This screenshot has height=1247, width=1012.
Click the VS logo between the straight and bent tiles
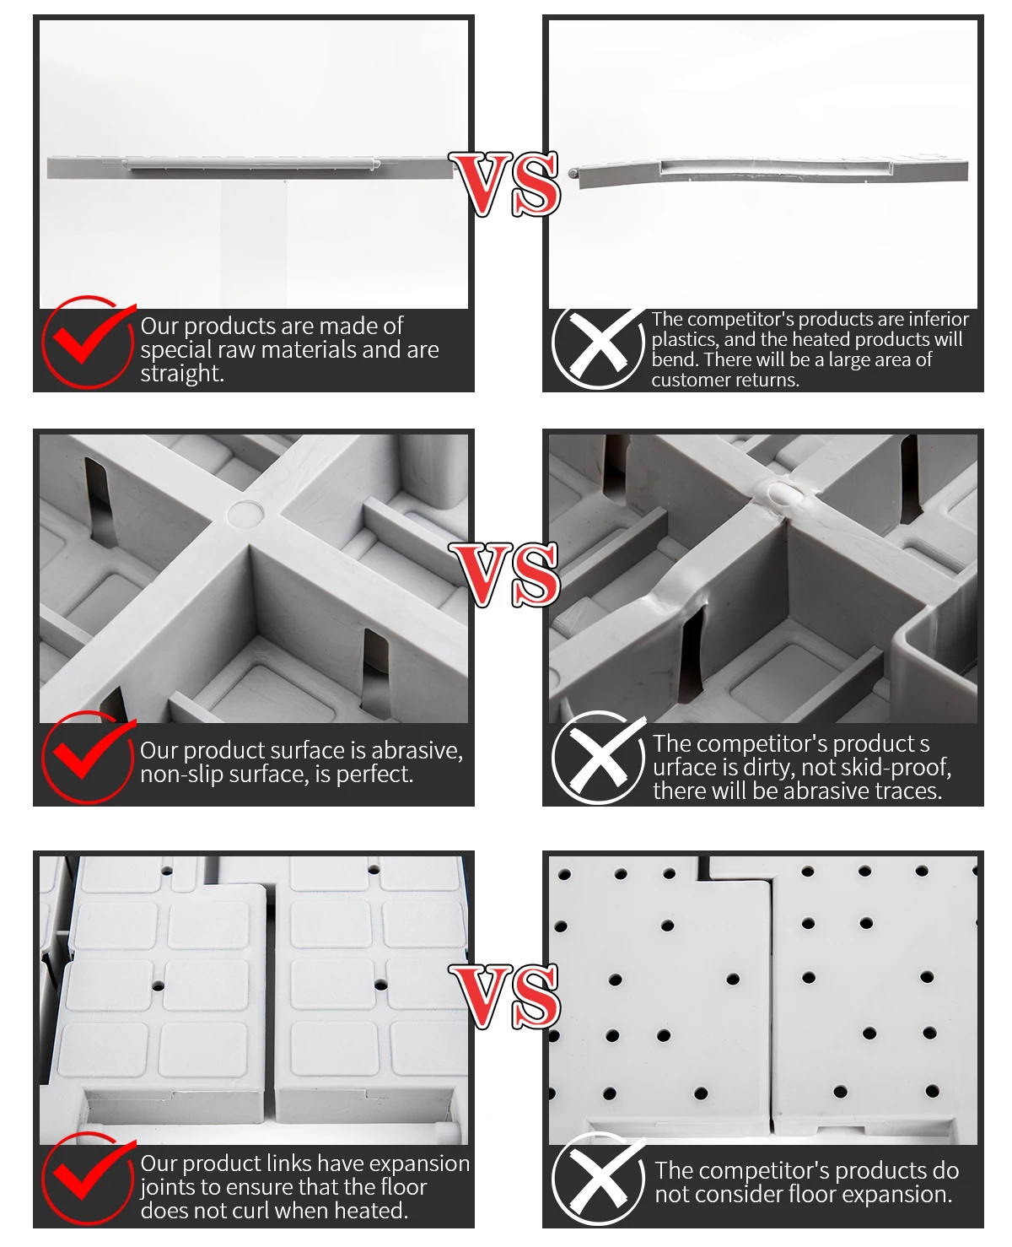tap(504, 184)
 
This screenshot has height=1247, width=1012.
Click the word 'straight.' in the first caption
tap(182, 374)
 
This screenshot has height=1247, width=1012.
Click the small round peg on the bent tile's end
tap(573, 173)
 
